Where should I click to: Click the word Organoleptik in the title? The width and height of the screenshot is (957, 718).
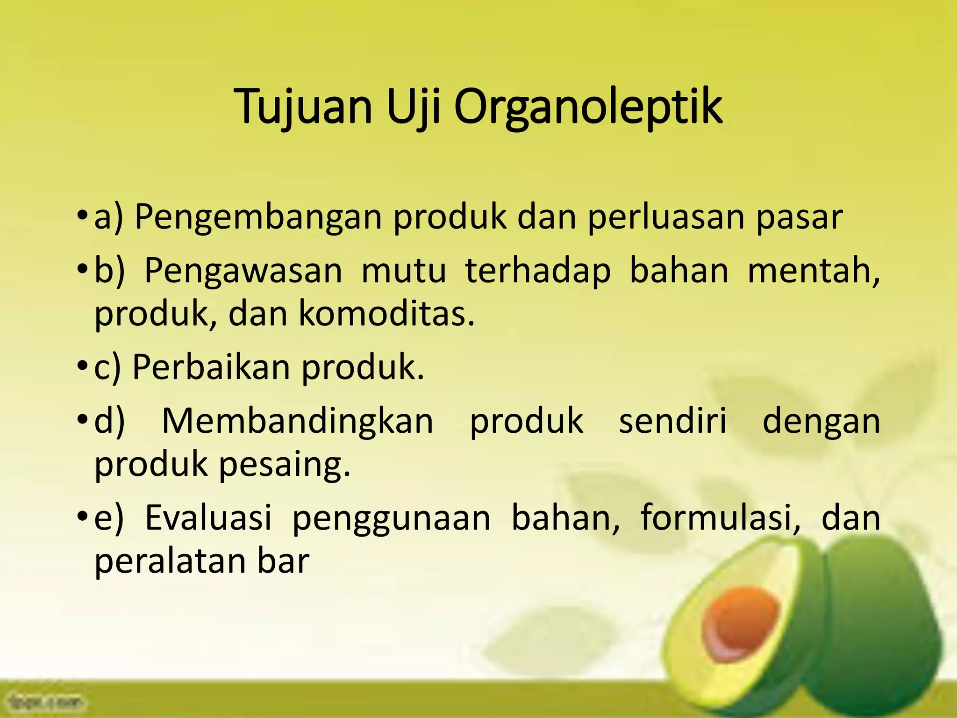pos(588,107)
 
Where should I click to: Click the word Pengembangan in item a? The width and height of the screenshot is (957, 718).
pos(258,218)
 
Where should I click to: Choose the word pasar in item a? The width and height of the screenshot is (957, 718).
pos(800,218)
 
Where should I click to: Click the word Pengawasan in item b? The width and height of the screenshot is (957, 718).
pos(243,271)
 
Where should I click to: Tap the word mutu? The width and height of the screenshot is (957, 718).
pos(404,271)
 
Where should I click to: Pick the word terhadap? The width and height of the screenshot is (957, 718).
pos(538,271)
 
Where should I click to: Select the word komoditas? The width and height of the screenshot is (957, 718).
pos(386,314)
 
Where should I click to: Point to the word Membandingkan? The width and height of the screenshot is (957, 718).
pos(298,421)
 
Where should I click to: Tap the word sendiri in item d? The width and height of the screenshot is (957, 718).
pos(673,421)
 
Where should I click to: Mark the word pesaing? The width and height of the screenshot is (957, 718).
pos(284,464)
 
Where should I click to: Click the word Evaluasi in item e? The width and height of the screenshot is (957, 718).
pos(208,518)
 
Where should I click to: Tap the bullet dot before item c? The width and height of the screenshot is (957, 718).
pos(82,365)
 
